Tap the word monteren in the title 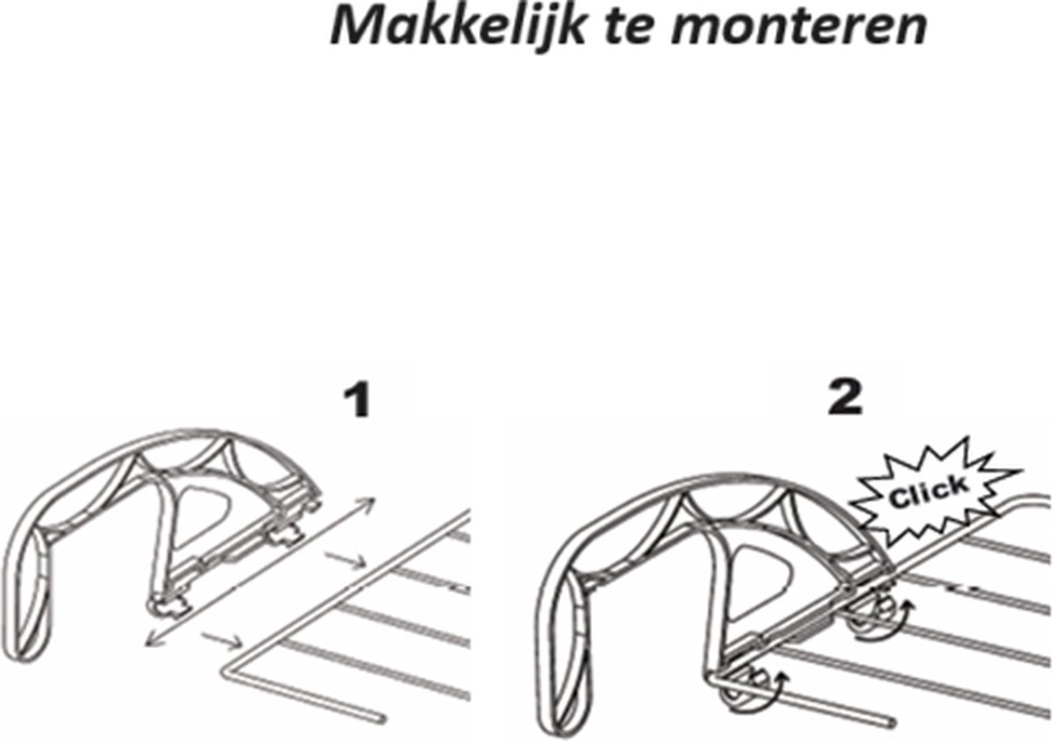[x=799, y=27]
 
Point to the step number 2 [x=845, y=398]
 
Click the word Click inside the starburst [x=929, y=492]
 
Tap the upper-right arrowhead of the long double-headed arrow [x=368, y=506]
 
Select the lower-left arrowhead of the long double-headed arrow [x=153, y=639]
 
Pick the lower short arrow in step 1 [x=221, y=641]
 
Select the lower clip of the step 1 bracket [x=168, y=607]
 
